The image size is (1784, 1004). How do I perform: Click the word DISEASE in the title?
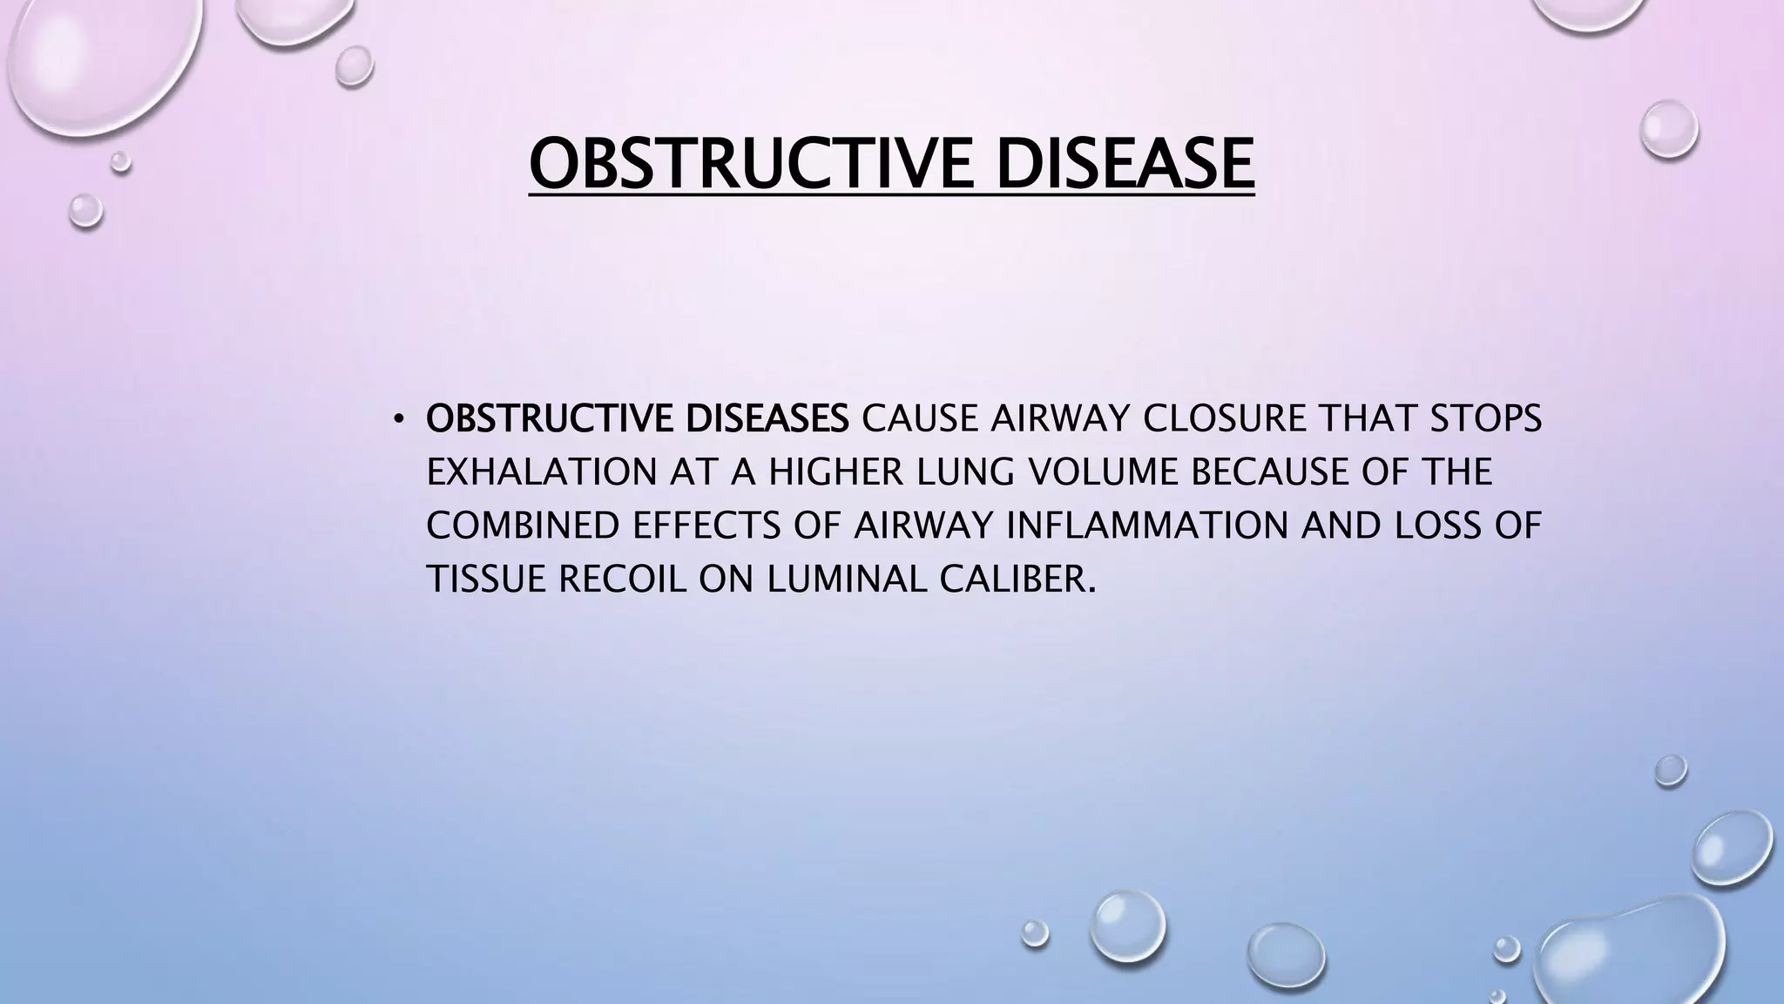click(x=1125, y=163)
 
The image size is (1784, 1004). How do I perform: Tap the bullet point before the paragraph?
click(x=398, y=421)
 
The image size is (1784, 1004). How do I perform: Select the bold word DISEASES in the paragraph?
click(x=767, y=419)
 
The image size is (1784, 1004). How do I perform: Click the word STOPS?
click(x=1486, y=419)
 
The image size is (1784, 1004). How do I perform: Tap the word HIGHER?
click(x=823, y=472)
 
